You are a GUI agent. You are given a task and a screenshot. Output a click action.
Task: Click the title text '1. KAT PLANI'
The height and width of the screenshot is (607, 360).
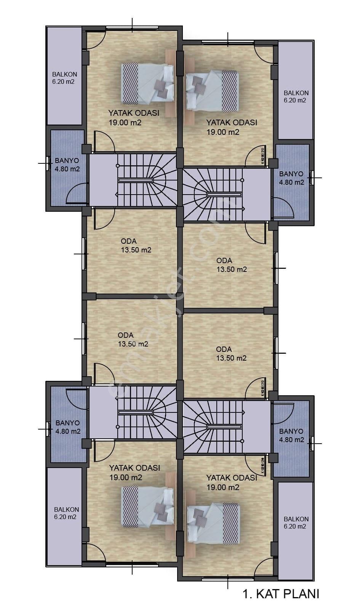click(280, 593)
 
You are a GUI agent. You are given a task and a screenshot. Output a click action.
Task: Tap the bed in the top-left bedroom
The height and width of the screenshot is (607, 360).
click(147, 83)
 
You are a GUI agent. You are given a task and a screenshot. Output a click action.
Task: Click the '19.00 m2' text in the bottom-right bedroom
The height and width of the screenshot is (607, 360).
click(223, 487)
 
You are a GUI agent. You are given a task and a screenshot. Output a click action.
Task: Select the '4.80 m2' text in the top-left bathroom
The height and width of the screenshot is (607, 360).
click(67, 169)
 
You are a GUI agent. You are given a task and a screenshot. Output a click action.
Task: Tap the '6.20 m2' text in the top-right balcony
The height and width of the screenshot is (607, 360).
click(295, 101)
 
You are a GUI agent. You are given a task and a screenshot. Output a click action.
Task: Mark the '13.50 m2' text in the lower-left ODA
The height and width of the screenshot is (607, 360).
click(133, 344)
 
